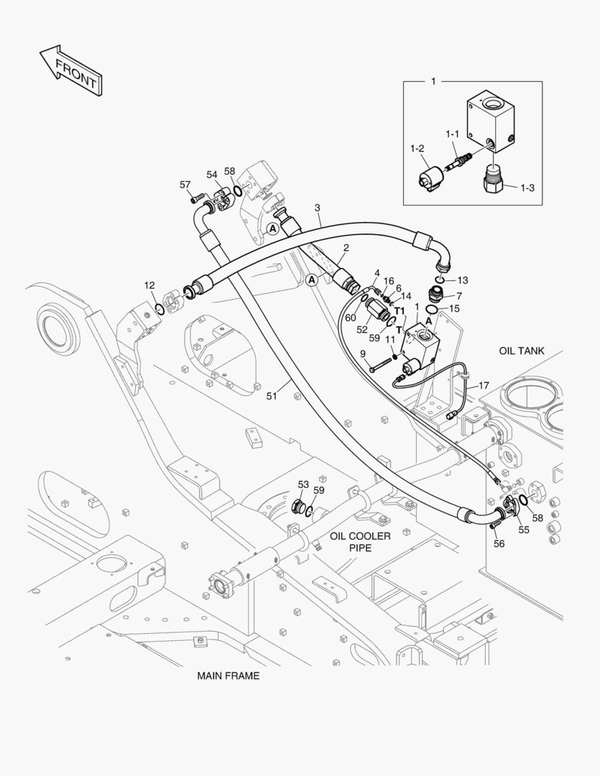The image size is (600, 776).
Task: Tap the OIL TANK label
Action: coord(522,351)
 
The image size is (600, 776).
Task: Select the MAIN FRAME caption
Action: coord(229,676)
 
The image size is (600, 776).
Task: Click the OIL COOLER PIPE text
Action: coord(360,542)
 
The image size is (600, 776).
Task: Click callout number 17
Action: coord(484,386)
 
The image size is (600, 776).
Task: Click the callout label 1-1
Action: coord(452,134)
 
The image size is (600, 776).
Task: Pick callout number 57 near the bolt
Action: coord(185,185)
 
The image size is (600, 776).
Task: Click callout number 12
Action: coord(149,285)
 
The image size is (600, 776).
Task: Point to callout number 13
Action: coord(462,280)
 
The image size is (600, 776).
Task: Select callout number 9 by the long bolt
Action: coord(363,353)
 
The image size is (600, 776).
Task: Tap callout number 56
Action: coord(499,544)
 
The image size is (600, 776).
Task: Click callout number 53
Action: coord(303,485)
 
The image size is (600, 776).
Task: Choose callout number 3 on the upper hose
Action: coord(317,208)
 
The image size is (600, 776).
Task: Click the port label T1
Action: coord(400,311)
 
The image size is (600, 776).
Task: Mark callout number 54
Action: coord(212,175)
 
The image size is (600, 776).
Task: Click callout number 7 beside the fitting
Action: coord(459,295)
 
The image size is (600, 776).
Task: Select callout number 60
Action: coord(351,318)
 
